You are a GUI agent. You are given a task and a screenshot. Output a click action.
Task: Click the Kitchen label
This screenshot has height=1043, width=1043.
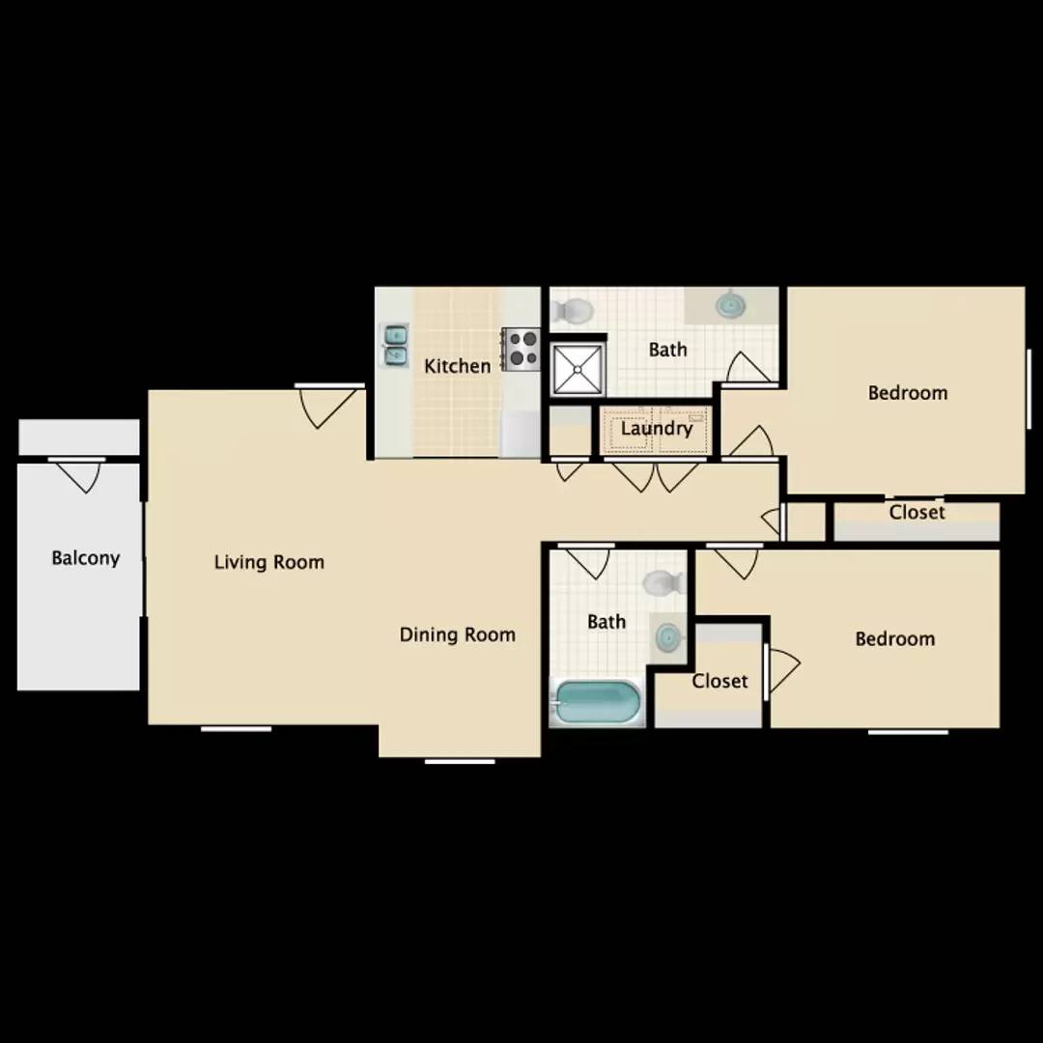[457, 366]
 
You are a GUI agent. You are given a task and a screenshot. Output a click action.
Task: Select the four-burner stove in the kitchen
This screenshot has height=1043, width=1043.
[521, 350]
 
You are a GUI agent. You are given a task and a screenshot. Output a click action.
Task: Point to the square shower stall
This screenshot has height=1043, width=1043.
[578, 368]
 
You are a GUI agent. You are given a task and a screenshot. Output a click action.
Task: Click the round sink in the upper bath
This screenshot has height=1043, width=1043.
[730, 304]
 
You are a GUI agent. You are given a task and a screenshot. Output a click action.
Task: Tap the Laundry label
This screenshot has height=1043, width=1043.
[657, 429]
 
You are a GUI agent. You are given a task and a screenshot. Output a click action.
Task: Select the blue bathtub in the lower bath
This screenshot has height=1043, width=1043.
[596, 702]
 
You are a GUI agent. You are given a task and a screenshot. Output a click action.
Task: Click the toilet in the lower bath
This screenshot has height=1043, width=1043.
[664, 582]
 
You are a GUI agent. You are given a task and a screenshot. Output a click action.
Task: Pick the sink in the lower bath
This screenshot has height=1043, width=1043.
[667, 638]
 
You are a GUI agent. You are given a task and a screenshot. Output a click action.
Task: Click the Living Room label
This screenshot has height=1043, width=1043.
[268, 562]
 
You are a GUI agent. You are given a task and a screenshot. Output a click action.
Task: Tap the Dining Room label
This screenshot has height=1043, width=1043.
[457, 634]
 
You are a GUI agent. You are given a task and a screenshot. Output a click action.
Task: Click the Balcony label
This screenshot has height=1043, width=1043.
[86, 557]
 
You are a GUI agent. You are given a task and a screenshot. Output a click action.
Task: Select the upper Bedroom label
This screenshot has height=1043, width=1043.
[907, 392]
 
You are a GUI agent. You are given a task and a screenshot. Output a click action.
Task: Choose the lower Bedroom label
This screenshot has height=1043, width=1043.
[894, 638]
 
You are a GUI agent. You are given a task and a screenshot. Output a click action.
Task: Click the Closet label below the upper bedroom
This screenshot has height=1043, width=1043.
[916, 512]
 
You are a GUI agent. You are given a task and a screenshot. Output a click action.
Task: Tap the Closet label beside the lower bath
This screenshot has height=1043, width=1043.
[719, 681]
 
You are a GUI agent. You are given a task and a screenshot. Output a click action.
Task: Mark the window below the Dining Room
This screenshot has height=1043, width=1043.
[460, 761]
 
